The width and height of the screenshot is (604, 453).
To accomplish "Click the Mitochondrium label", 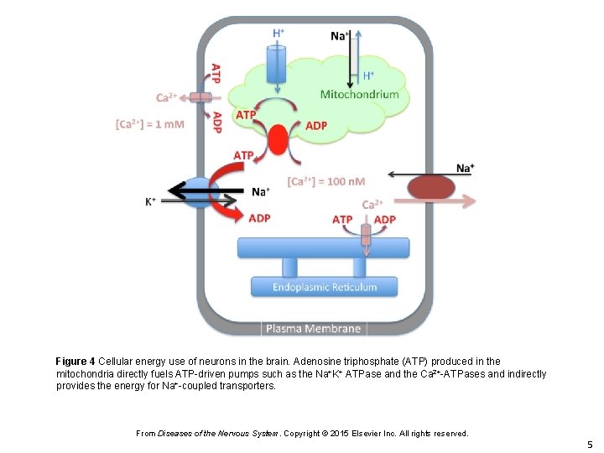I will pos(359,94).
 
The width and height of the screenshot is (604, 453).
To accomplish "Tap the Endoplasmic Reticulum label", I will pos(325,288).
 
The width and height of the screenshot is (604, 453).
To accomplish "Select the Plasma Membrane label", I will pos(313,329).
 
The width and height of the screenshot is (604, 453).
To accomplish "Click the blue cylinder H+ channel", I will pos(278,63).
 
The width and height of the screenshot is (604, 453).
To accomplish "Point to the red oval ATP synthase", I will pos(278,139).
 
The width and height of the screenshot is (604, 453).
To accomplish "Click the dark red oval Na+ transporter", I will pos(429,187).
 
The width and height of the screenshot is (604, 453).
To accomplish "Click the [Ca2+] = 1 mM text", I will pos(149,124).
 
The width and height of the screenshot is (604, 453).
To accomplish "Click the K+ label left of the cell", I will pos(151,201).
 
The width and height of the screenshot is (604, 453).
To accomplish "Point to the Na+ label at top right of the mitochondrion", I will pos(340,35).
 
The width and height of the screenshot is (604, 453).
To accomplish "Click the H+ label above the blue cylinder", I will pos(279,32).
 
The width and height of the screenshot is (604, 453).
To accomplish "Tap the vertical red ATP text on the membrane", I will pos(216,74).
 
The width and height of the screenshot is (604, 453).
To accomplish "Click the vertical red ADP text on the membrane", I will pos(217,122).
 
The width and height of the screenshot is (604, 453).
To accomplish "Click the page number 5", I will pos(590,444).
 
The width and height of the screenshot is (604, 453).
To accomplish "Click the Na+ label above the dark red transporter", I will pos(465,168).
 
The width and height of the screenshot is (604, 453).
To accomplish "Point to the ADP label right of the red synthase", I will pos(316,125).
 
